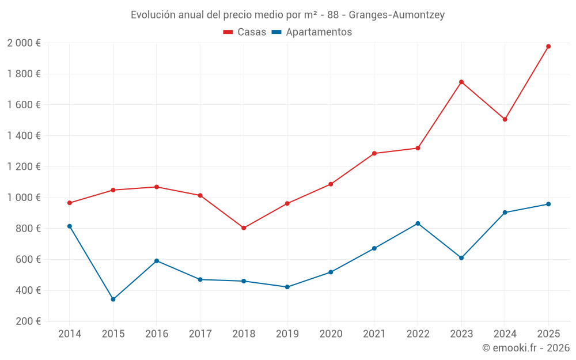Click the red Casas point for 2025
[x=548, y=46]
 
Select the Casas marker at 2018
[x=244, y=228]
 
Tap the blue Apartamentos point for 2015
[x=113, y=300]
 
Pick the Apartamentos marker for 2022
[x=418, y=223]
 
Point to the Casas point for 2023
[x=461, y=82]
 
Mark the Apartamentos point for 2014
[x=70, y=226]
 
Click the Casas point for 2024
[x=505, y=119]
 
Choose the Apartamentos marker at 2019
[x=287, y=287]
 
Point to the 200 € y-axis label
[x=27, y=321]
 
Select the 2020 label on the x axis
[x=331, y=334]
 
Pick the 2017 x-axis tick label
[x=200, y=334]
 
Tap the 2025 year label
[x=548, y=334]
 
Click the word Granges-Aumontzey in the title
[x=397, y=15]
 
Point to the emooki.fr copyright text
[x=525, y=348]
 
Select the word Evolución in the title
[x=153, y=15]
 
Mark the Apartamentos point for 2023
[x=461, y=257]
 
